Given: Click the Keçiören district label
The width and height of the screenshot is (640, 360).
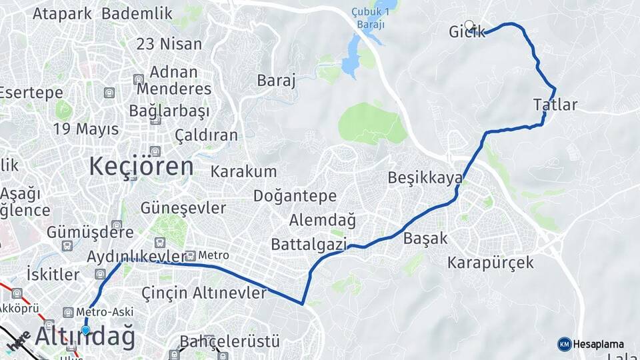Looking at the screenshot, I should pos(141,166).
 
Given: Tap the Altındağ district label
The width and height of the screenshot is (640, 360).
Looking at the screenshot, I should pos(85,337).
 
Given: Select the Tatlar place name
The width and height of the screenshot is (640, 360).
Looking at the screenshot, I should pos(555,105).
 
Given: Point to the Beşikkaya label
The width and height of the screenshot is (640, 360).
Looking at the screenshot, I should pos(425,178).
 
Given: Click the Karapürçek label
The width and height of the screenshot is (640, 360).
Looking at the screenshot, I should pos(491,263).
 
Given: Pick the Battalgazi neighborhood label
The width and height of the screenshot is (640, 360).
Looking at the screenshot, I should pos(309,245).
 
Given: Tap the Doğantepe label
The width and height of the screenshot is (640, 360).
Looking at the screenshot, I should pos(295,196).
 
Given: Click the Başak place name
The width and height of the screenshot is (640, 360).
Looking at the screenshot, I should pos(425,238).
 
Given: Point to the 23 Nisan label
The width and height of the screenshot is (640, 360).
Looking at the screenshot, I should pos(169,45).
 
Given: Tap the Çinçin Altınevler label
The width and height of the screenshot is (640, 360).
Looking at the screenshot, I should pos(204,292).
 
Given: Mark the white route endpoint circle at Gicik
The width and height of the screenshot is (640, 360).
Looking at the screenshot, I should pos(469,25).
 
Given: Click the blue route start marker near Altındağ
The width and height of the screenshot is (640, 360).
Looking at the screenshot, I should pos(85,330).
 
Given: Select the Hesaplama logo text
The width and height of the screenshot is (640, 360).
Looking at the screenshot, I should pos(599,345).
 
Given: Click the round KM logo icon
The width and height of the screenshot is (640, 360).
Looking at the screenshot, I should pos(565,345).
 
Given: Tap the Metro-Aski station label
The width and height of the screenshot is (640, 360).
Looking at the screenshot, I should pos(105,312).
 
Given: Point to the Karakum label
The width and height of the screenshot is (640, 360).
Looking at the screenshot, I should pos(243,171).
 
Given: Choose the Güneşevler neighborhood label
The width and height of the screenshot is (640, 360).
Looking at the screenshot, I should pos(183,208).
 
